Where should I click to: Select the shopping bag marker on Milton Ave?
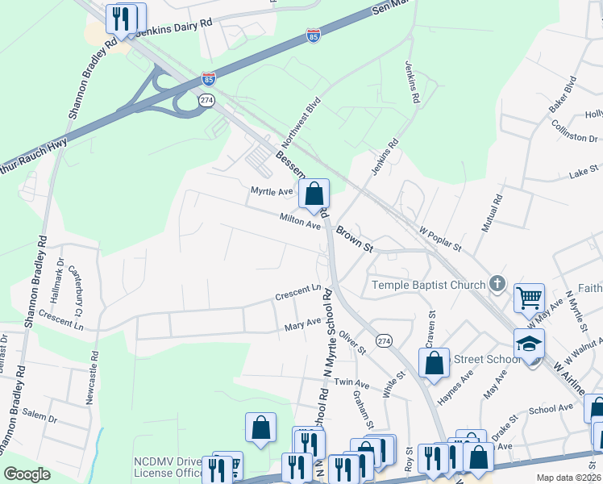314,194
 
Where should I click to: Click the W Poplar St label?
439,238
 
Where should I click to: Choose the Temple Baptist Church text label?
428,285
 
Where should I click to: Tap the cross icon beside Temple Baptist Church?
497,284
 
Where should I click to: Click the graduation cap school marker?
529,344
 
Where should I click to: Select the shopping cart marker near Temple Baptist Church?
529,298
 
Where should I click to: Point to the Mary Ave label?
302,327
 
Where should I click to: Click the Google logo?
27,474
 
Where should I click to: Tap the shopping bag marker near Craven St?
434,364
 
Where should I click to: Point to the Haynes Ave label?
455,389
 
